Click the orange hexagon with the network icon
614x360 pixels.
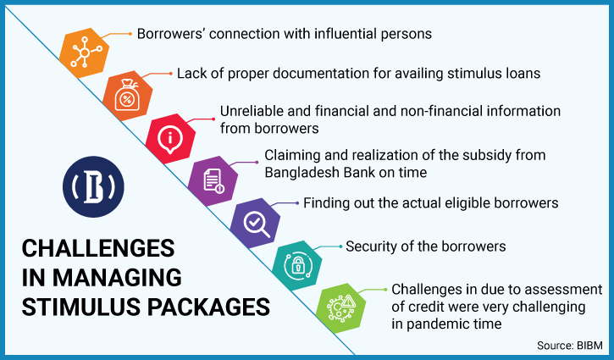click(x=84, y=53)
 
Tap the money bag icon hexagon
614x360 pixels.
click(x=127, y=96)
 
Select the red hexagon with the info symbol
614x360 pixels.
click(x=170, y=139)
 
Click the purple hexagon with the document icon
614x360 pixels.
click(x=213, y=181)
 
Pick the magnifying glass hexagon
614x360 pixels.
click(x=255, y=224)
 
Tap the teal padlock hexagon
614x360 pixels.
click(x=297, y=266)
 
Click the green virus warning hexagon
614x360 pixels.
click(x=340, y=307)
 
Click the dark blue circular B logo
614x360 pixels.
click(x=93, y=187)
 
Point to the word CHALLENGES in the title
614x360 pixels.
click(x=98, y=248)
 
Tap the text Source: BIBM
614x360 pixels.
click(x=570, y=346)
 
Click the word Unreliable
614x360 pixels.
click(x=251, y=111)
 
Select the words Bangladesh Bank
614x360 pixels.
click(x=320, y=172)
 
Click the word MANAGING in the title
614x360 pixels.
click(x=117, y=278)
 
